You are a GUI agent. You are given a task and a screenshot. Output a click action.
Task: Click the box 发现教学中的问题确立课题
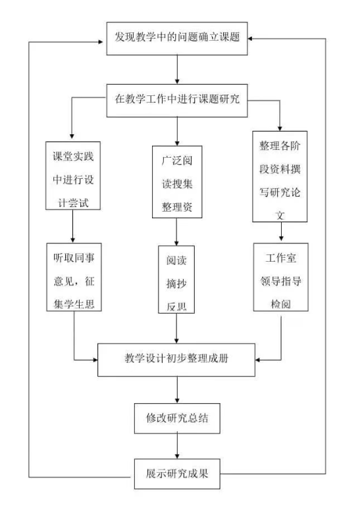pyautogui.click(x=177, y=38)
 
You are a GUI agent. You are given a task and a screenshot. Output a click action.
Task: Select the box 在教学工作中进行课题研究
pyautogui.click(x=177, y=101)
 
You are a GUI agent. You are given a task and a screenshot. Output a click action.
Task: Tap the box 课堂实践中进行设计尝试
pyautogui.click(x=73, y=176)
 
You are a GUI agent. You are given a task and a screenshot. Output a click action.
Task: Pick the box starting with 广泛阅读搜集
pyautogui.click(x=177, y=181)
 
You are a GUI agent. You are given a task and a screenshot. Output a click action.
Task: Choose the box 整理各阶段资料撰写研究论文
pyautogui.click(x=280, y=176)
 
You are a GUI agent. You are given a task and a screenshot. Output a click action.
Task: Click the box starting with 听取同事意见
pyautogui.click(x=74, y=277)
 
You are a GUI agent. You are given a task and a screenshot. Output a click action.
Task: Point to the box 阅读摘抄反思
pyautogui.click(x=176, y=279)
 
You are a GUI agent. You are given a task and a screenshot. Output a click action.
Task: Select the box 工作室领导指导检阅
pyautogui.click(x=281, y=277)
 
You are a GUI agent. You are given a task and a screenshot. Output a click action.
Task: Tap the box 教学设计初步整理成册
pyautogui.click(x=176, y=360)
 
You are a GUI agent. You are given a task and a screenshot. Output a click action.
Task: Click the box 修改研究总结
pyautogui.click(x=177, y=418)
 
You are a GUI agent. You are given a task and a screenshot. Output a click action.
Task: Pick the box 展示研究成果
pyautogui.click(x=177, y=473)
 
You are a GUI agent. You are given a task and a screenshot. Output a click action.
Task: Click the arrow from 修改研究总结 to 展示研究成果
pyautogui.click(x=177, y=446)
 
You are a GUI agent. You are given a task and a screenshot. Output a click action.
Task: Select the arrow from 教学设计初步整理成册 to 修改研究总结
pyautogui.click(x=177, y=390)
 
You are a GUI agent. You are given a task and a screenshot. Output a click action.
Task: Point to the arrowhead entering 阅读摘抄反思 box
pyautogui.click(x=176, y=243)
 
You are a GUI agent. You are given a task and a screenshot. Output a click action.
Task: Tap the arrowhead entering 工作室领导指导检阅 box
pyautogui.click(x=281, y=238)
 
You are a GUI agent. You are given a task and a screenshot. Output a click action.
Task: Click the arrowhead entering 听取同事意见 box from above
pyautogui.click(x=73, y=240)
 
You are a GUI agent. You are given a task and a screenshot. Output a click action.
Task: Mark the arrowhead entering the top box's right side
pyautogui.click(x=251, y=39)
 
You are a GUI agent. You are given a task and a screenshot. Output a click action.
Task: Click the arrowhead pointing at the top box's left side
pyautogui.click(x=100, y=41)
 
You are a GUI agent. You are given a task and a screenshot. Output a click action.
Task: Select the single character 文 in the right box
pyautogui.click(x=280, y=215)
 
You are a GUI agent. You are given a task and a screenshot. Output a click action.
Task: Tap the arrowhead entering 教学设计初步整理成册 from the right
pyautogui.click(x=258, y=360)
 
